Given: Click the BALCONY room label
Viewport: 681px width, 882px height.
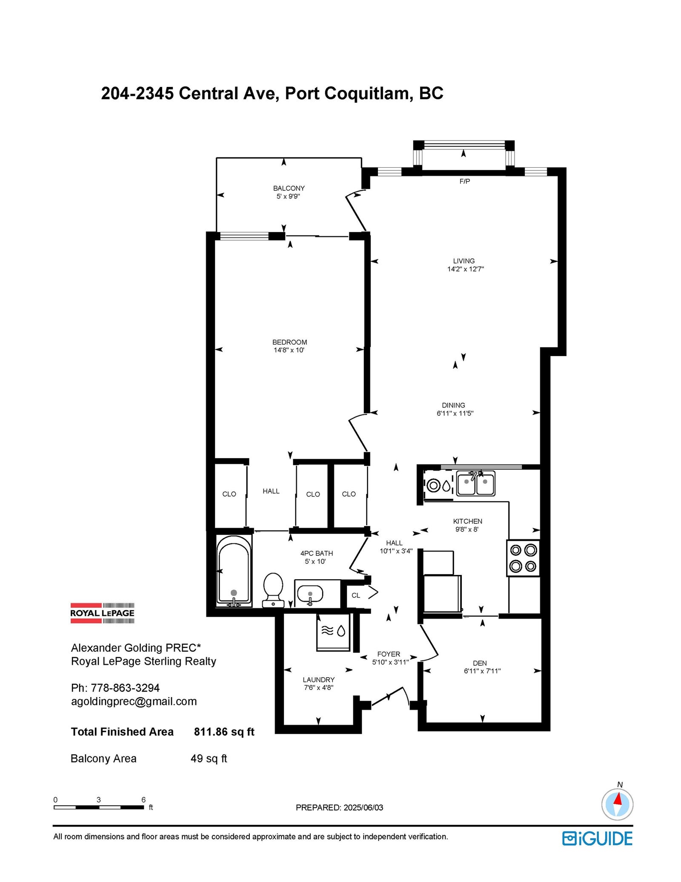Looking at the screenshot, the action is pyautogui.click(x=289, y=188).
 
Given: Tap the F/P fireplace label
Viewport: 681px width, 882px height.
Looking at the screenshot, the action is pyautogui.click(x=465, y=181).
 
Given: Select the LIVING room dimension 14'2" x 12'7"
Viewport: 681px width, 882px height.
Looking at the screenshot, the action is pyautogui.click(x=465, y=269).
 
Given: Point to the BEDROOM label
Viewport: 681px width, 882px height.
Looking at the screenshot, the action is pyautogui.click(x=289, y=342).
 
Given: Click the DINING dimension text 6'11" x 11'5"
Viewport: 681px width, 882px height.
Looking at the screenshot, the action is pyautogui.click(x=455, y=413).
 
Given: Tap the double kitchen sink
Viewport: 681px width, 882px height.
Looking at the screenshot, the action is pyautogui.click(x=476, y=483).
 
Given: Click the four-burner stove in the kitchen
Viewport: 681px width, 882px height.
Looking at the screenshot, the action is pyautogui.click(x=523, y=558).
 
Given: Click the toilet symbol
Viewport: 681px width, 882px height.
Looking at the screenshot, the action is pyautogui.click(x=273, y=590).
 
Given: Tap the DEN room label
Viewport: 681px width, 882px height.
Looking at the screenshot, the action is pyautogui.click(x=480, y=663).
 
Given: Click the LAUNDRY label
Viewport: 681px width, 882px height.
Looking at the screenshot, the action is pyautogui.click(x=319, y=680).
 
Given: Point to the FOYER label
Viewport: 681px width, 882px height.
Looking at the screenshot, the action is pyautogui.click(x=389, y=654).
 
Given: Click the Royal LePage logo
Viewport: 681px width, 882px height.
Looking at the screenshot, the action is pyautogui.click(x=102, y=613).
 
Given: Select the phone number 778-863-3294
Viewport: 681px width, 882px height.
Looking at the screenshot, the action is pyautogui.click(x=125, y=688).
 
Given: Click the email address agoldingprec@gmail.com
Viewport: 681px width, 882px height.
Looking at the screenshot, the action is pyautogui.click(x=134, y=702).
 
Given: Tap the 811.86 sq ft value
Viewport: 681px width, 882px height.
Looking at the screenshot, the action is pyautogui.click(x=224, y=732).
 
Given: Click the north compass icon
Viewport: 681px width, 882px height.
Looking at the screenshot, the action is pyautogui.click(x=617, y=804).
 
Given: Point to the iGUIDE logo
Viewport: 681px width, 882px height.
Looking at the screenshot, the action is pyautogui.click(x=597, y=839).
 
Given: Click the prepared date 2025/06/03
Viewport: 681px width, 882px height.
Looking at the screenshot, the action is pyautogui.click(x=363, y=808).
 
